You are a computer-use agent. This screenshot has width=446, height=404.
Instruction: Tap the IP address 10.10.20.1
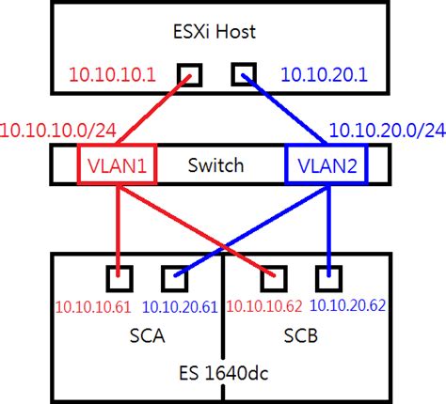click(326, 73)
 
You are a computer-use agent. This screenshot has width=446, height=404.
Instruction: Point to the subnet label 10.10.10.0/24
click(58, 126)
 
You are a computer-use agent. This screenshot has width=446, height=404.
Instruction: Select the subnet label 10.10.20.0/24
click(386, 127)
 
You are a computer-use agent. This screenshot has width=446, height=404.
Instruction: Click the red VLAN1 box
click(118, 165)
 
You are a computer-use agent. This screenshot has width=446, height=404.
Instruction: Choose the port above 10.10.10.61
click(119, 277)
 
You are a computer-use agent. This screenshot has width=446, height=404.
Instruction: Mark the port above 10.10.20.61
click(175, 277)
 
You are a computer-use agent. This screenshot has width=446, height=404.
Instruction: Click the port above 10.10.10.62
click(274, 277)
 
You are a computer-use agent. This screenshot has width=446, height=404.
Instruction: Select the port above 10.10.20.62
click(328, 277)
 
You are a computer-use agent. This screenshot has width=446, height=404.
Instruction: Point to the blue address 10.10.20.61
click(179, 305)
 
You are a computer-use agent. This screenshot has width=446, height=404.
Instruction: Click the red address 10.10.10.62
click(264, 305)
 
